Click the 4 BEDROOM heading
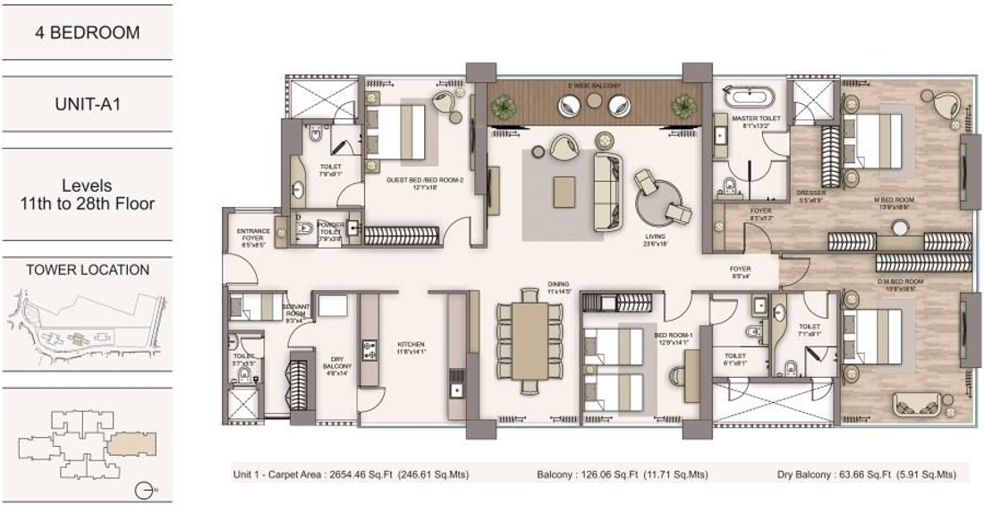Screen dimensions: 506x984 (87, 33)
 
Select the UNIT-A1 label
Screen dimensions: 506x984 (87, 104)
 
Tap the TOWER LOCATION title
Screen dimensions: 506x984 (88, 270)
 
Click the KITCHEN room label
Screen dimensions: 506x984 (411, 347)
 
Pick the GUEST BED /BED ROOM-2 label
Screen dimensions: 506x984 (410, 182)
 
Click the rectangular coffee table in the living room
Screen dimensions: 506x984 (564, 191)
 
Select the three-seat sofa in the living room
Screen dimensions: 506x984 (609, 180)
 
